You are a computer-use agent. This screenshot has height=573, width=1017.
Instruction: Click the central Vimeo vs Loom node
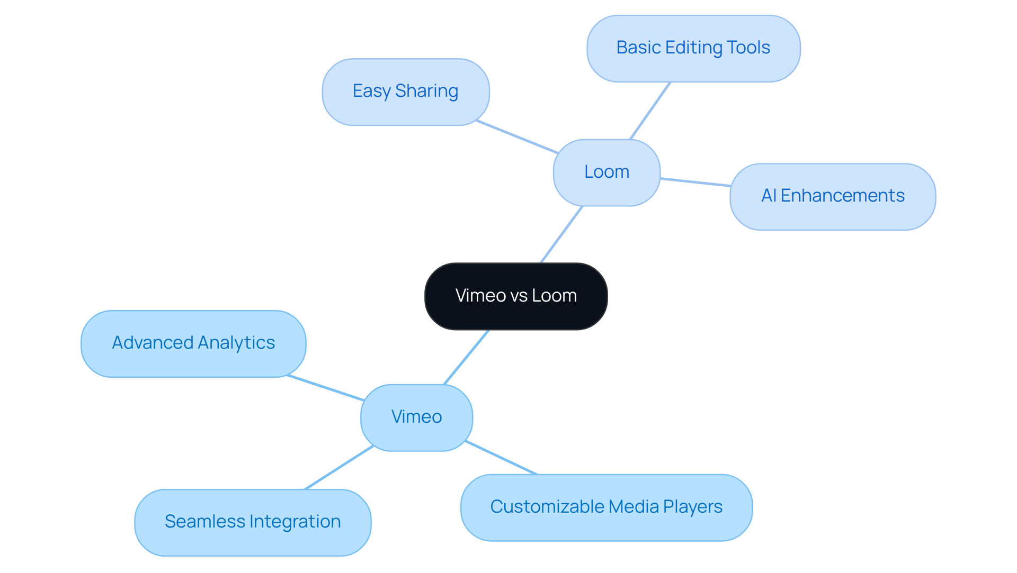516,296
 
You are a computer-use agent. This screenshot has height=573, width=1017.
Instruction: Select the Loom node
606,172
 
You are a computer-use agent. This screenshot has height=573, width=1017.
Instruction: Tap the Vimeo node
416,417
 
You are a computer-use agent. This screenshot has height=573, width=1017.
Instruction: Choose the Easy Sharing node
405,92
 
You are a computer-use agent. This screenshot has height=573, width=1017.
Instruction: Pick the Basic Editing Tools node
693,48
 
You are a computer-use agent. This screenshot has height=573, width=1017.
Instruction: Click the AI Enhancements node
832,196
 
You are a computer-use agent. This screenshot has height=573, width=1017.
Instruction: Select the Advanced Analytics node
193,343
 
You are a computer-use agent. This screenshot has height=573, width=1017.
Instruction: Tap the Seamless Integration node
253,522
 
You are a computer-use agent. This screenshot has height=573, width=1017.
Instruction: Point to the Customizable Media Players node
606,507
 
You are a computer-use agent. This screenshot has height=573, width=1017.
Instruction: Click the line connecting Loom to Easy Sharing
517,137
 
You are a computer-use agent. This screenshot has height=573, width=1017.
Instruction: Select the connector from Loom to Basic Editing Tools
650,111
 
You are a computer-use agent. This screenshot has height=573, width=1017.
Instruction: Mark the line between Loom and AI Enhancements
695,183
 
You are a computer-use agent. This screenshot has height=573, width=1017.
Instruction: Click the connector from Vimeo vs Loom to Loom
561,234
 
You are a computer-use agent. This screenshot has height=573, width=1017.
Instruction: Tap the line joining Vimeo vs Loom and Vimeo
466,357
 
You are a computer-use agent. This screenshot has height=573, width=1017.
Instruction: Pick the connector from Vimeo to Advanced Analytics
325,388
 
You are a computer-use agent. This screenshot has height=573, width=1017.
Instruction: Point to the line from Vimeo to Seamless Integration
339,468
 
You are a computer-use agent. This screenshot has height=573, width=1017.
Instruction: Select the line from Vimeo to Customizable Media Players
501,458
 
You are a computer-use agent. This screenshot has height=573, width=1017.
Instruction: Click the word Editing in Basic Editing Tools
694,48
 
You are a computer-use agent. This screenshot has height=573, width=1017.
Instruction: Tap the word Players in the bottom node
693,507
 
